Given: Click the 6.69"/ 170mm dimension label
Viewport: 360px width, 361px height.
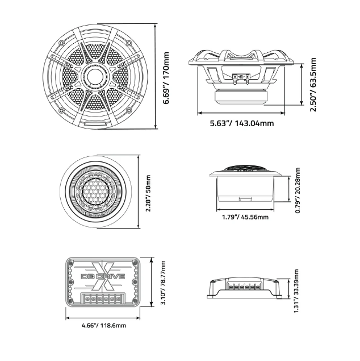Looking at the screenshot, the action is point(166,78).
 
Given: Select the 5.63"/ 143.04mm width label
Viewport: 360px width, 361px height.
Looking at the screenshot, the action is point(242,123).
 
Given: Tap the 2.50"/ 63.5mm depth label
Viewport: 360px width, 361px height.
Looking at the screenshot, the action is point(313,85).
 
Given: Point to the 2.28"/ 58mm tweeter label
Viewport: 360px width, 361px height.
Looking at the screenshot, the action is point(148,193).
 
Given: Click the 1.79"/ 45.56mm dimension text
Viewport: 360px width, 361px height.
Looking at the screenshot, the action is point(245,217).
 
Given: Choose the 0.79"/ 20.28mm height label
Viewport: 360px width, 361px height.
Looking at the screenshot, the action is point(298,190).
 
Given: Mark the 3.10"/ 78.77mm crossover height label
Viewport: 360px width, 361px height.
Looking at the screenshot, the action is point(163,283).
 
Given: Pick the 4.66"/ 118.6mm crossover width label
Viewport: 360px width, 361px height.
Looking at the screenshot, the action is point(104,326).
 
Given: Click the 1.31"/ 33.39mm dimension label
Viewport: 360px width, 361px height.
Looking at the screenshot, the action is point(296,291).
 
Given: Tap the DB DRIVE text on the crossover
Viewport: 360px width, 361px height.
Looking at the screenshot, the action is point(103,276).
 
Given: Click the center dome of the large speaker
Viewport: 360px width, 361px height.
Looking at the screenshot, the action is point(95,76).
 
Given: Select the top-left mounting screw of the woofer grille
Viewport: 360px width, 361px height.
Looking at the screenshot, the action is point(61,43).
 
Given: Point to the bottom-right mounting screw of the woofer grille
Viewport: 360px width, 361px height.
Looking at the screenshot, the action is point(129,110).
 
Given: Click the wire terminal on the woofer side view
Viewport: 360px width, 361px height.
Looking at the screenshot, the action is point(241,78).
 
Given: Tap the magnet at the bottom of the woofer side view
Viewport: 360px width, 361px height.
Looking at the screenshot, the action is point(241,97).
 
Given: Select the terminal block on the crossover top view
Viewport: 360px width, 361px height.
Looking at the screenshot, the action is point(103,299).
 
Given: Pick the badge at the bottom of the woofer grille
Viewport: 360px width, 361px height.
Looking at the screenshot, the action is point(95,123).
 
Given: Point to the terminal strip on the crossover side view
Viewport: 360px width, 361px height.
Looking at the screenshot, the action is point(244,285).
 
